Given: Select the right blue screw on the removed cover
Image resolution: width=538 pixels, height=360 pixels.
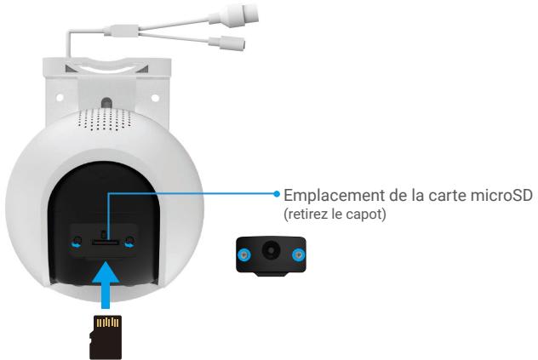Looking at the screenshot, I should pos(297,254).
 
